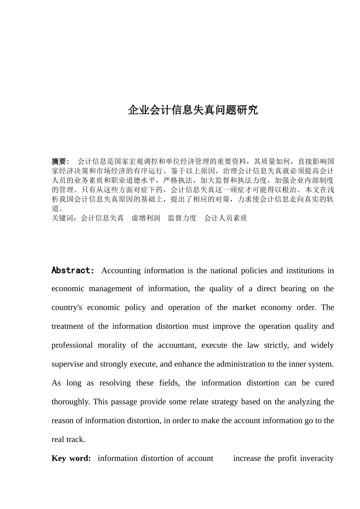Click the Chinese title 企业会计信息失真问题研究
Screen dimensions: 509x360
pos(193,110)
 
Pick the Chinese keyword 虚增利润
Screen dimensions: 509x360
pos(146,218)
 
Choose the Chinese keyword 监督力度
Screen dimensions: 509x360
pos(182,218)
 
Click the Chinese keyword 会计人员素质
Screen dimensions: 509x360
pos(225,218)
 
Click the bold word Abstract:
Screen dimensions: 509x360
pos(72,270)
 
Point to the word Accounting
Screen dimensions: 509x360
pos(121,270)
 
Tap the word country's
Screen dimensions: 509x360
pos(67,308)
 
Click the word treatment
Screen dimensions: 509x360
pos(67,326)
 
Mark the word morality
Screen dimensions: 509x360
pos(112,345)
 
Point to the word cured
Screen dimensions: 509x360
pos(324,383)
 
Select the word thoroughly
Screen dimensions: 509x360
pos(70,402)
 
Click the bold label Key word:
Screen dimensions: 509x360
pos(71,459)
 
